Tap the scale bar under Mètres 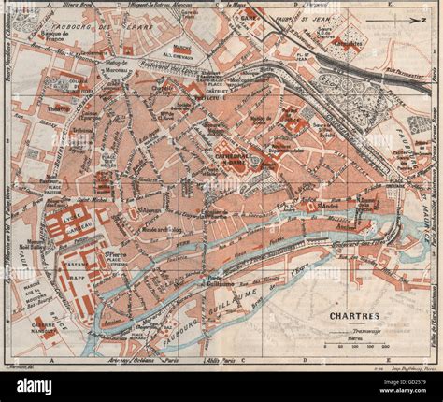(359, 351)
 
